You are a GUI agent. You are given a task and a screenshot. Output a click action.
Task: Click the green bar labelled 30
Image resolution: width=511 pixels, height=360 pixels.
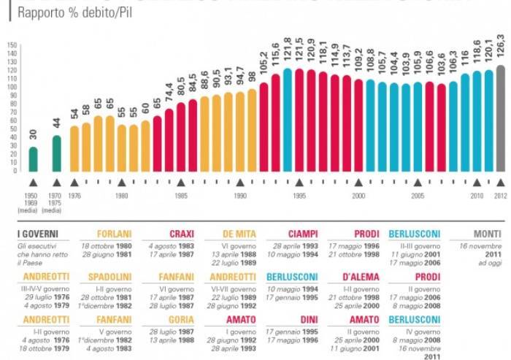tap(33, 158)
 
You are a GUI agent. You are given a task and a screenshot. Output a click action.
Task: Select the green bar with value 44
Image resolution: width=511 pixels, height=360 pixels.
tap(57, 153)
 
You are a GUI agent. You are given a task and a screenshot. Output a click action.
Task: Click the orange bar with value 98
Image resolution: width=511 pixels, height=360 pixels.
tap(252, 130)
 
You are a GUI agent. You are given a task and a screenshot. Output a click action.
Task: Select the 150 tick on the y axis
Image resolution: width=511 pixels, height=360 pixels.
tap(12, 45)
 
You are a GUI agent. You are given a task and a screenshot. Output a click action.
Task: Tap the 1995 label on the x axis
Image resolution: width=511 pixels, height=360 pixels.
tap(299, 196)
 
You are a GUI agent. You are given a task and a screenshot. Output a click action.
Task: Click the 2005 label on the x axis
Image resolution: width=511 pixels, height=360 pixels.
tap(418, 196)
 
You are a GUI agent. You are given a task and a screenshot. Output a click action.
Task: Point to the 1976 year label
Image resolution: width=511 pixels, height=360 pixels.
tap(74, 196)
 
